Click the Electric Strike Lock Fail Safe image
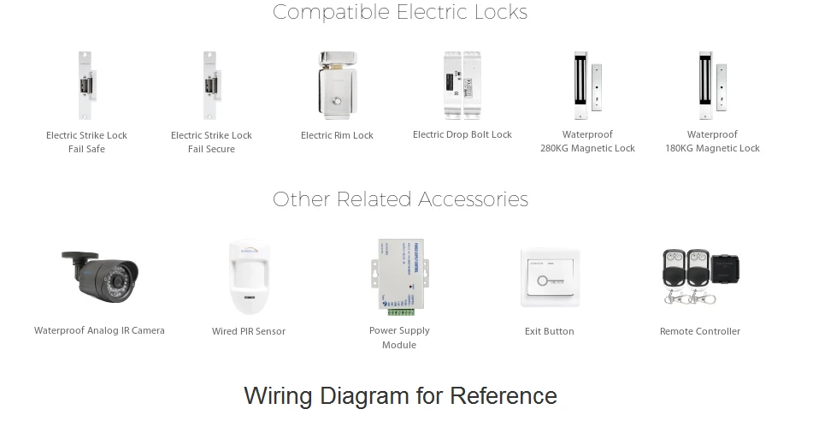(86, 86)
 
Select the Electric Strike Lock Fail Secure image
(210, 86)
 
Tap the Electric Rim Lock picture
(337, 86)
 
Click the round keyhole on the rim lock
(338, 102)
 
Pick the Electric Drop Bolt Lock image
(462, 86)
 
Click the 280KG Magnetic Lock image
(587, 86)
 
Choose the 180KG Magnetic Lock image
(712, 86)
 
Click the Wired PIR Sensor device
(249, 277)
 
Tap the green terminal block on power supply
(401, 311)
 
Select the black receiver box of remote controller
(726, 268)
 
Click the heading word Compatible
(331, 13)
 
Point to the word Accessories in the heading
(473, 199)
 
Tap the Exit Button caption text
(549, 331)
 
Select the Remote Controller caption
(700, 331)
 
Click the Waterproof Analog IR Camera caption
(99, 330)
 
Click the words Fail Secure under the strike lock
(211, 149)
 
